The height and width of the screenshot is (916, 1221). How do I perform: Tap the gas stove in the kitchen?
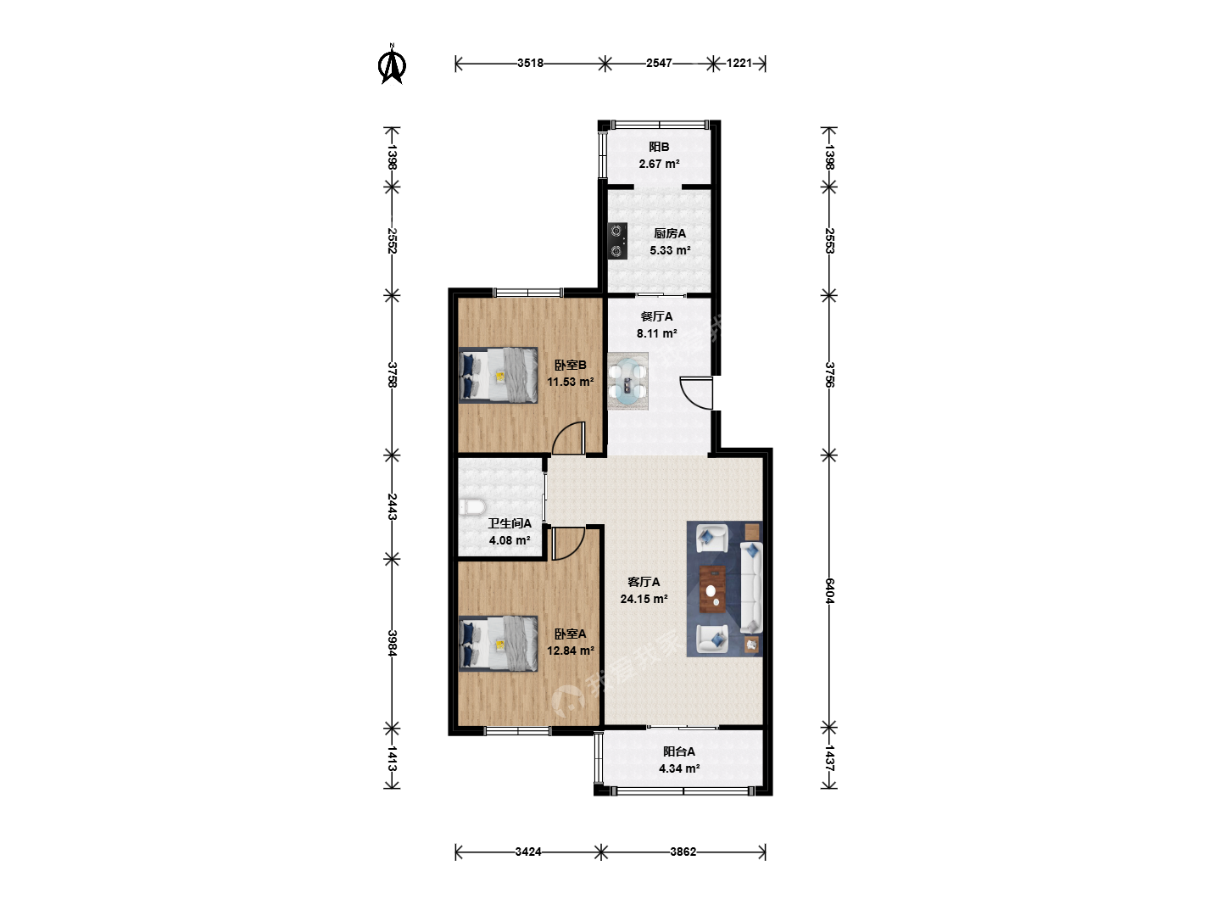pyautogui.click(x=617, y=241)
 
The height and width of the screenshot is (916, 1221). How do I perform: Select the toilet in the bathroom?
pyautogui.click(x=471, y=507)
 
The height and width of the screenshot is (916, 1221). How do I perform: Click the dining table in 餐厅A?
pyautogui.click(x=628, y=381)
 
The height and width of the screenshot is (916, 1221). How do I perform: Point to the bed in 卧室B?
pyautogui.click(x=499, y=375)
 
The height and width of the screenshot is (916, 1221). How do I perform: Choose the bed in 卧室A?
pyautogui.click(x=499, y=644)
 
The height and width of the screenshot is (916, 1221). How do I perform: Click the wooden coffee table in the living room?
pyautogui.click(x=712, y=589)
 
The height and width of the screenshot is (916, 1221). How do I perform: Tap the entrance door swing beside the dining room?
pyautogui.click(x=696, y=394)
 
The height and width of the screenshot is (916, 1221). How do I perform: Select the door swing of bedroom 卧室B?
pyautogui.click(x=568, y=438)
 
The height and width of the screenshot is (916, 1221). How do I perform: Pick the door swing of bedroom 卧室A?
pyautogui.click(x=568, y=544)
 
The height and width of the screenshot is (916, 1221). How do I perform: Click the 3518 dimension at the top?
pyautogui.click(x=530, y=64)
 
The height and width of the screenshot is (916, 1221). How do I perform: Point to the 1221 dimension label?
pyautogui.click(x=739, y=64)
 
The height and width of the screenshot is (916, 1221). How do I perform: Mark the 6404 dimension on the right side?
pyautogui.click(x=828, y=590)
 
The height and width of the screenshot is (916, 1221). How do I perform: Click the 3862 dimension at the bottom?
pyautogui.click(x=683, y=852)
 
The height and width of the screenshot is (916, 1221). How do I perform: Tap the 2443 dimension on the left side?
pyautogui.click(x=393, y=506)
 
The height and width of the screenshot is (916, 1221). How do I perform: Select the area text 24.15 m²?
pyautogui.click(x=644, y=599)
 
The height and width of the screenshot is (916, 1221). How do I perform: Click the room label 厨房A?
pyautogui.click(x=670, y=233)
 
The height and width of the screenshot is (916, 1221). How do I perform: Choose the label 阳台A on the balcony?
pyautogui.click(x=678, y=751)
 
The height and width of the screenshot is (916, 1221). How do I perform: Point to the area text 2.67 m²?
pyautogui.click(x=659, y=164)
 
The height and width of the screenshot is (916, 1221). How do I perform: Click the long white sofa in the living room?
pyautogui.click(x=751, y=589)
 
